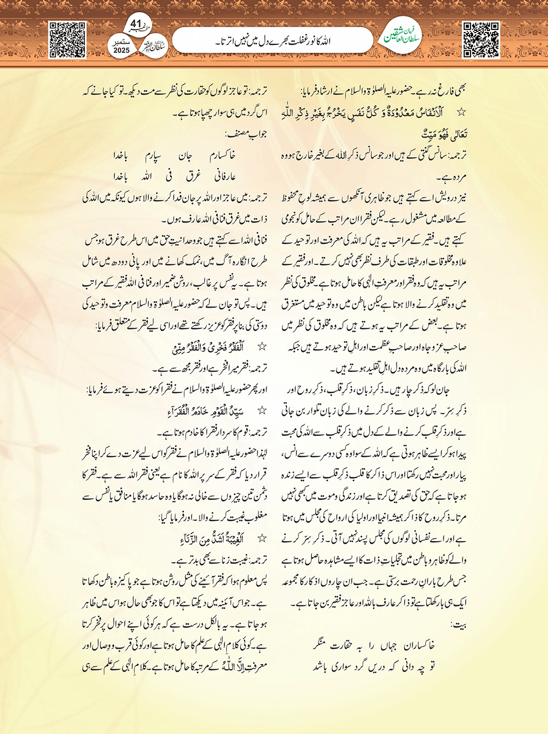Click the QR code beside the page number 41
pos(67,39)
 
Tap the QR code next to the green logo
pos(480,39)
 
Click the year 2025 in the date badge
pos(122,51)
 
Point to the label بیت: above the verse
pos(458,624)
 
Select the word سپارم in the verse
pos(155,156)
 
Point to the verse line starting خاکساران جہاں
pos(374,645)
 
